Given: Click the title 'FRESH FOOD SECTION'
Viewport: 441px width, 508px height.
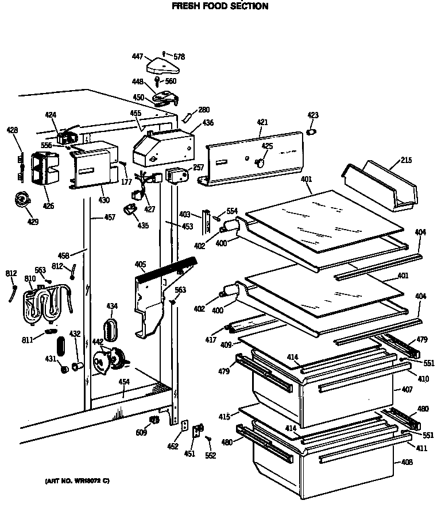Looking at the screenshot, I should point(220,6).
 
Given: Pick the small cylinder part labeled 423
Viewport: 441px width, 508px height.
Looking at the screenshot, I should point(312,133).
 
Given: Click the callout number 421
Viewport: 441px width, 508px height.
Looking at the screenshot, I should point(262,123).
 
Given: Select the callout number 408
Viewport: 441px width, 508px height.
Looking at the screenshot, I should point(407,462).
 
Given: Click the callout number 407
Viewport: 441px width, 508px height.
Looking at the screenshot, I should point(407,390).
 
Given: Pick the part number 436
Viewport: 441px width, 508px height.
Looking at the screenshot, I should point(207,123).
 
